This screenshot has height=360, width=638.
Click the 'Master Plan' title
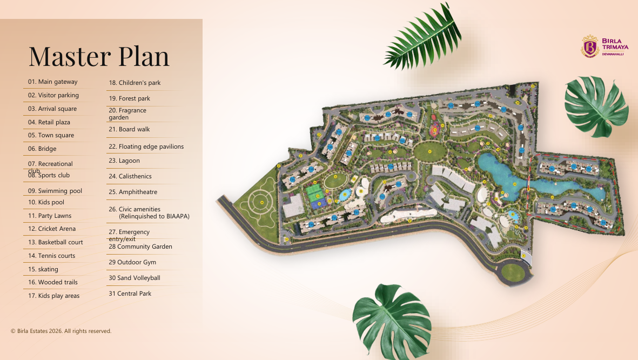[99, 56]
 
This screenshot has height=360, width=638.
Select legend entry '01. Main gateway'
[53, 82]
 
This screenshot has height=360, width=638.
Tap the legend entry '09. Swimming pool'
[55, 191]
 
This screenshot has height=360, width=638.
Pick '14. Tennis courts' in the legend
[52, 256]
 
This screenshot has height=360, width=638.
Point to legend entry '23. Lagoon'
[124, 161]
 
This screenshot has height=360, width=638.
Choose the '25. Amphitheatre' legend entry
[133, 192]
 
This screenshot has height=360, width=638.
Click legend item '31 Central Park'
[130, 294]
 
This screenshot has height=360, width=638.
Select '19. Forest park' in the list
[129, 98]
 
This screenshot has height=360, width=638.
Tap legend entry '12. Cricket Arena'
[52, 229]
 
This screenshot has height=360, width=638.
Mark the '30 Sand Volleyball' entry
[134, 278]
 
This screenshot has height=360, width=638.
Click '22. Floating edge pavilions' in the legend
[146, 146]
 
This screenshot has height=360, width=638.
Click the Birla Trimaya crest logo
[590, 47]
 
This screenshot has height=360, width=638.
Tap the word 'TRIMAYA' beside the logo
[613, 50]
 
